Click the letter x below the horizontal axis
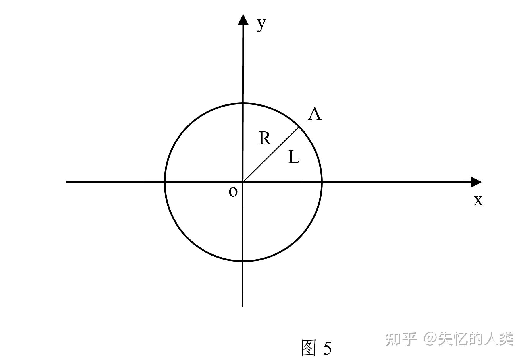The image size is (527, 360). click(478, 201)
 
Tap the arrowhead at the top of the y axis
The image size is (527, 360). click(243, 20)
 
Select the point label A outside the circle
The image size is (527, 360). click(315, 114)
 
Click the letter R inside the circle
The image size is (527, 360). click(265, 138)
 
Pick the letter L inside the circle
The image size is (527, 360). click(294, 157)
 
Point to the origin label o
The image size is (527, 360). click(233, 192)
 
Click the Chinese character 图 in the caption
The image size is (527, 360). click(309, 347)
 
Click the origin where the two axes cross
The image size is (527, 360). click(243, 182)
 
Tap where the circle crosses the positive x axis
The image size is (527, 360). click(322, 182)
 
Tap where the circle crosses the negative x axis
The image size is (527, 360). click(165, 182)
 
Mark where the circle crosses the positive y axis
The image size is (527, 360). click(243, 103)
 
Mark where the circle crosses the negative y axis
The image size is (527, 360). click(243, 261)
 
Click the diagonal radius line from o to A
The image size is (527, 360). click(271, 154)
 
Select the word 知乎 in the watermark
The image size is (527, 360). click(401, 339)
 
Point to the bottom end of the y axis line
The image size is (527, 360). click(243, 306)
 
